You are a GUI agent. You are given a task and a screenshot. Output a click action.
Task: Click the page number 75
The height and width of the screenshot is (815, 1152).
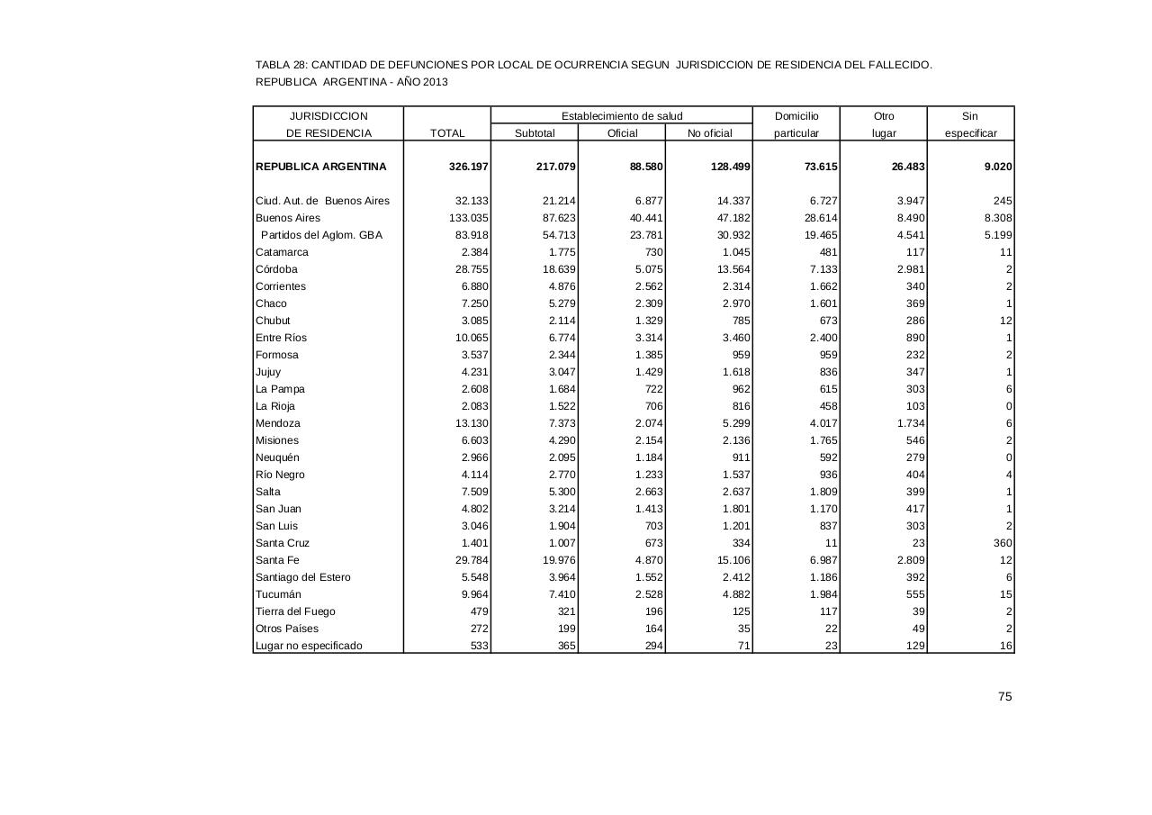[1004, 696]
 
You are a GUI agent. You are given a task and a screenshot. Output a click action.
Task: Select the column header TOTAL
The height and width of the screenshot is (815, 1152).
[447, 133]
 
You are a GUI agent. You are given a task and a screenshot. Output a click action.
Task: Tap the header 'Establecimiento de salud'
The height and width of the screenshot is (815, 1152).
[622, 116]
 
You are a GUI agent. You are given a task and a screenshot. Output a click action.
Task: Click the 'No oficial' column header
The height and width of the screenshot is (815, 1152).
[709, 133]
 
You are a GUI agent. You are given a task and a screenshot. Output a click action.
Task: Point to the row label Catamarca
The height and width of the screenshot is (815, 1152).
[282, 252]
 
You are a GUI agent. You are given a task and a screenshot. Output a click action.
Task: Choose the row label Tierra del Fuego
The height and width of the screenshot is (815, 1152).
[295, 611]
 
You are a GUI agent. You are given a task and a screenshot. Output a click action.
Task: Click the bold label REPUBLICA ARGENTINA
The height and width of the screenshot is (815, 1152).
[321, 167]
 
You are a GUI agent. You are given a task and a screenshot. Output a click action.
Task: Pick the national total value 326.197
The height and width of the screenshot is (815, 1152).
[469, 167]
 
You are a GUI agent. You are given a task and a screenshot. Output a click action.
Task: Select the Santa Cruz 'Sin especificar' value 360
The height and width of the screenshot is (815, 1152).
[1002, 543]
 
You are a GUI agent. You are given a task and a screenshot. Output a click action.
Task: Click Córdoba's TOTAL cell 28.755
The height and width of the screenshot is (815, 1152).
[472, 269]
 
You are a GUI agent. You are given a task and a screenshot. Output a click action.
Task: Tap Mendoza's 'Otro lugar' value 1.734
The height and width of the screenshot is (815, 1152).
[907, 423]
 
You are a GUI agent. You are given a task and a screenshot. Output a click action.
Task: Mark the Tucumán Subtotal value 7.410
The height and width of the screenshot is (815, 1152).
[559, 594]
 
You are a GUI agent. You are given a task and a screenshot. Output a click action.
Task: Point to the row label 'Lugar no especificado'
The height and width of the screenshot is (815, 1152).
[309, 646]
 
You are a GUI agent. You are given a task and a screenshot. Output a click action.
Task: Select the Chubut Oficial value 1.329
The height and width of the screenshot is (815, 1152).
[645, 321]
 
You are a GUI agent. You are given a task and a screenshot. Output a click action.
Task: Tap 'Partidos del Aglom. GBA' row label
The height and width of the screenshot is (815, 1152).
[321, 235]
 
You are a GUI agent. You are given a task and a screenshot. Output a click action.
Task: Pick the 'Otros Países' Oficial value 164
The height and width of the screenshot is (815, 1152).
[653, 629]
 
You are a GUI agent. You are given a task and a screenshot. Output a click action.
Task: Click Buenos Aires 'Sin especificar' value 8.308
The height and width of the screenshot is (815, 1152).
[994, 218]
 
